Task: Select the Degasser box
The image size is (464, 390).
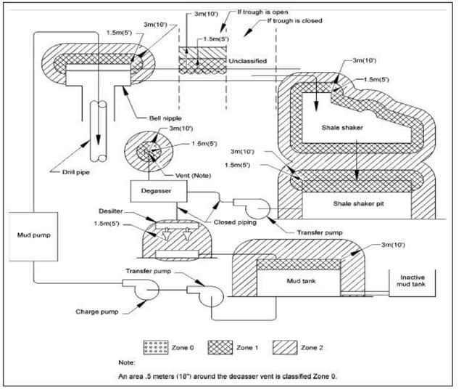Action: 160,190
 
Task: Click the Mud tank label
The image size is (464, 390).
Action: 298,280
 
